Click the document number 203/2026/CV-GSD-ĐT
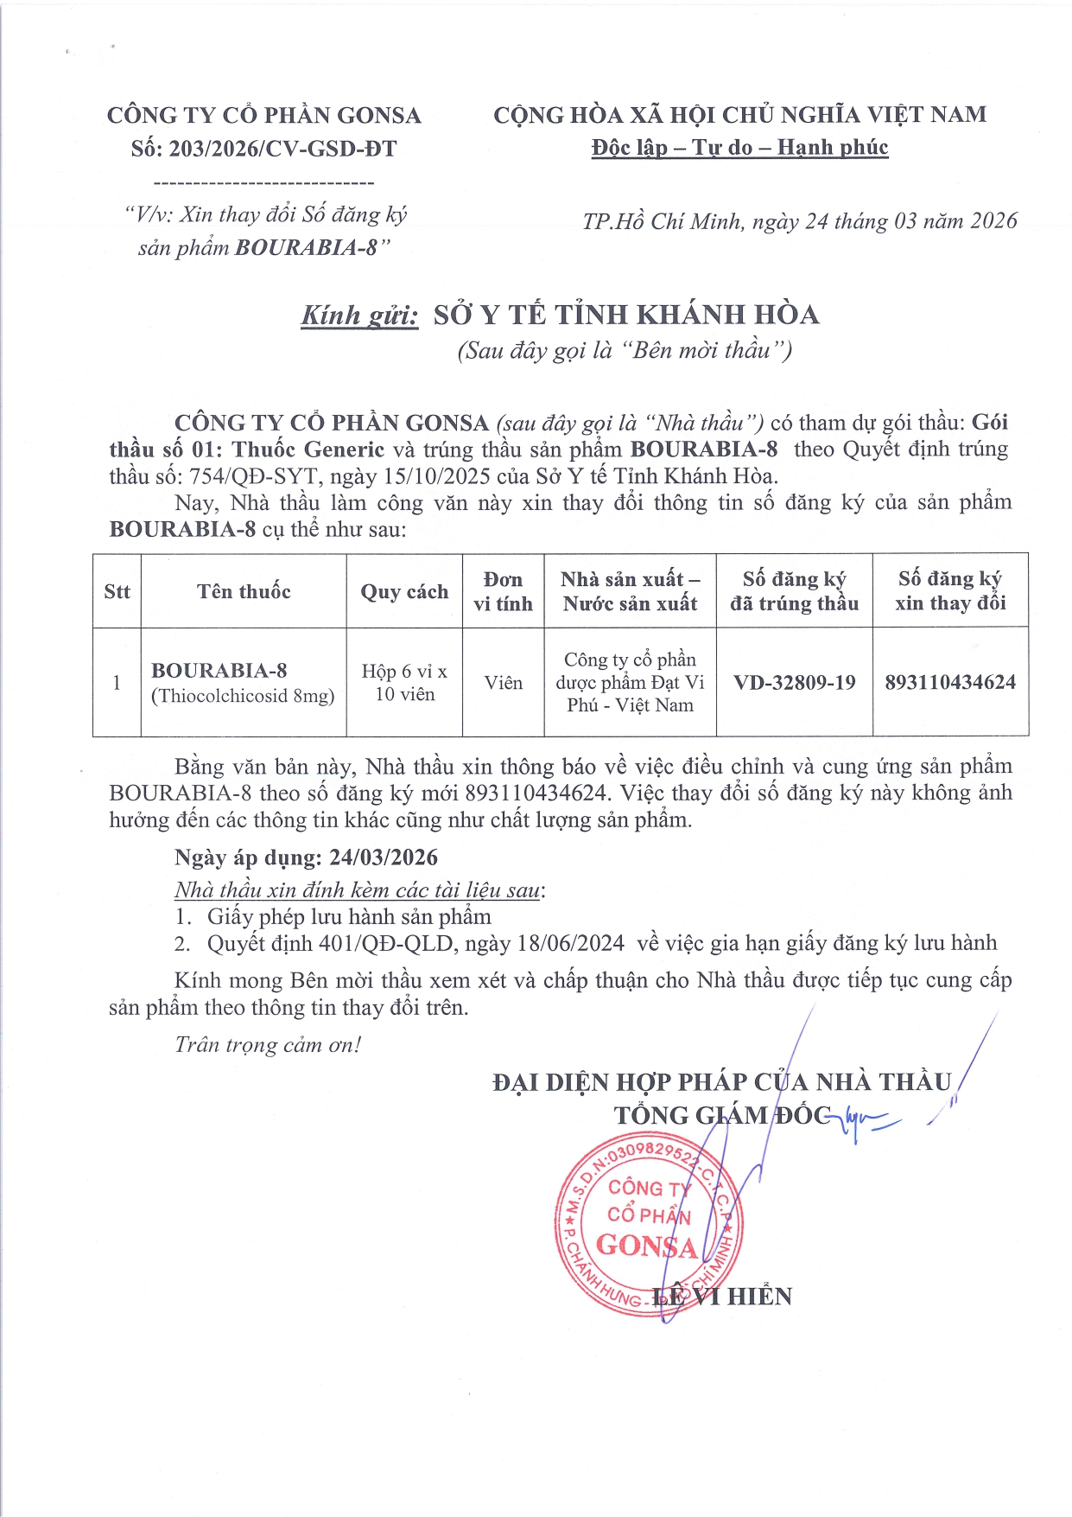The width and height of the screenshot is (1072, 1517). [x=282, y=149]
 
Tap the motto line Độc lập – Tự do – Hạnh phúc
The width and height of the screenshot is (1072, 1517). [x=739, y=148]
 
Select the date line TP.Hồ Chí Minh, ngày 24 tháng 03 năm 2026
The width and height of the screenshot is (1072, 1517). [x=800, y=221]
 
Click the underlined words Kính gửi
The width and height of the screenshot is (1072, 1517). [x=359, y=315]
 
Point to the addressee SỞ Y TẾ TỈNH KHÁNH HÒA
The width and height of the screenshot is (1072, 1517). [x=626, y=315]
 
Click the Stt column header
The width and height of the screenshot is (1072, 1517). [x=117, y=591]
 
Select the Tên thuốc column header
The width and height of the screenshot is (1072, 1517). [x=244, y=591]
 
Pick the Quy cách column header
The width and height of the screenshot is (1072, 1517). [x=404, y=591]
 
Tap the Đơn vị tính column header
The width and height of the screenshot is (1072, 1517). [x=503, y=591]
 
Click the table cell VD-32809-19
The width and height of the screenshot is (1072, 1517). [x=794, y=683]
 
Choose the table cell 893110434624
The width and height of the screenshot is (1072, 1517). [x=950, y=682]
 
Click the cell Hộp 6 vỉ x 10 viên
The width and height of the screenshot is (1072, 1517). [x=404, y=683]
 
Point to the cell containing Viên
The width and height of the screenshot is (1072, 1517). [x=503, y=683]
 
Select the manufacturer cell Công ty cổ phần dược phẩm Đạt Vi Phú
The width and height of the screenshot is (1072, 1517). [x=630, y=682]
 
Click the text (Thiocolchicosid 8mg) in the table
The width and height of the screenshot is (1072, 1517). [x=243, y=696]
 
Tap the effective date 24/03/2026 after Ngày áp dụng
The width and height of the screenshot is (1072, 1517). [x=384, y=857]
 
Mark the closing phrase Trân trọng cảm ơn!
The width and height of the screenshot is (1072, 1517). [x=268, y=1045]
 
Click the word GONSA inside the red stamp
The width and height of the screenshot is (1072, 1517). [x=646, y=1246]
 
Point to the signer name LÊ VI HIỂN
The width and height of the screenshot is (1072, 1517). [x=721, y=1297]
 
